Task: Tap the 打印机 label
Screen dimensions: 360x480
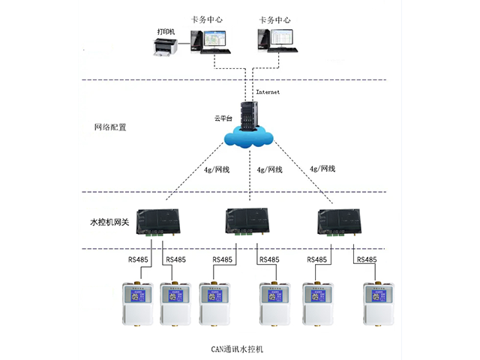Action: pos(166,31)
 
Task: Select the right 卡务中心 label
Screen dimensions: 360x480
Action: pos(274,20)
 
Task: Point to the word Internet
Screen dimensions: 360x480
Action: pos(267,92)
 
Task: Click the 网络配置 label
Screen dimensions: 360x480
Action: pos(110,127)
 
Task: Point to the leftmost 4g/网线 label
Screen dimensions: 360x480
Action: pos(217,169)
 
